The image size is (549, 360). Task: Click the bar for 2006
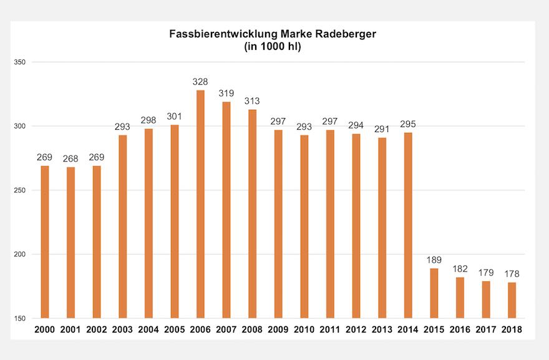(200, 204)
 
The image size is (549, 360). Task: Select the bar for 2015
(434, 293)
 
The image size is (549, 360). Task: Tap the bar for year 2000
(44, 241)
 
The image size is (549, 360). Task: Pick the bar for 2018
(512, 300)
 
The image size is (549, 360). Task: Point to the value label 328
(200, 82)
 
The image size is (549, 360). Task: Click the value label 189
(434, 260)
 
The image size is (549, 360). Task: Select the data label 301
(174, 116)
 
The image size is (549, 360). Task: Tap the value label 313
(252, 101)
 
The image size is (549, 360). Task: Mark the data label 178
(512, 273)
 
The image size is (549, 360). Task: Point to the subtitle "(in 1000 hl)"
(273, 47)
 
